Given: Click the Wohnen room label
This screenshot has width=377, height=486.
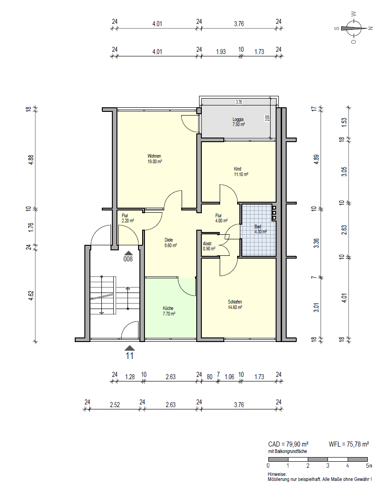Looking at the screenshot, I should (154, 159).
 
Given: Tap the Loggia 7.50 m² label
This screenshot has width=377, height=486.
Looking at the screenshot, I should (238, 122).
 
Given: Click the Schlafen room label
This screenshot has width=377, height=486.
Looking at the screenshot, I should (235, 304).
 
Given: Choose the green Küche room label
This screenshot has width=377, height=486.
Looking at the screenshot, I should (168, 311).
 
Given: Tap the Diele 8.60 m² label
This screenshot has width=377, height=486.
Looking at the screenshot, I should (171, 243).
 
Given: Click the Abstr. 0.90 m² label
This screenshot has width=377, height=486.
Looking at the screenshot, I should (209, 246).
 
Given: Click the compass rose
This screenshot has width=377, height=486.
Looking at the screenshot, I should (353, 28).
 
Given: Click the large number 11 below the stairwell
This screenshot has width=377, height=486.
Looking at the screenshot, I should (130, 355).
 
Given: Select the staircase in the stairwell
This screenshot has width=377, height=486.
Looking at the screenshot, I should (108, 296).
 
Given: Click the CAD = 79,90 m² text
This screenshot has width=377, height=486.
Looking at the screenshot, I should (288, 444).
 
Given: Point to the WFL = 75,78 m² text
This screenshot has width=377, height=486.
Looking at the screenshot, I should (349, 444).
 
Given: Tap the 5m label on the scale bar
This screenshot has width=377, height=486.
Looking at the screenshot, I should (369, 466).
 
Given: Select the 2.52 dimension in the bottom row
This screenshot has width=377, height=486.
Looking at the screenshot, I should (115, 404).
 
